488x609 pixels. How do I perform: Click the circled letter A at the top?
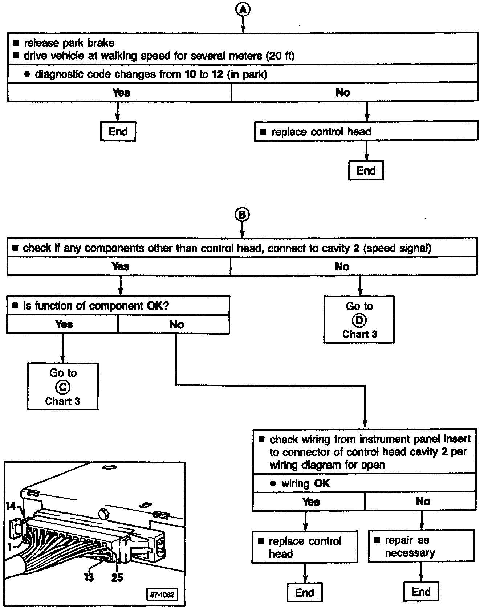[243, 10]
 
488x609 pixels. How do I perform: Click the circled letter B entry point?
[242, 215]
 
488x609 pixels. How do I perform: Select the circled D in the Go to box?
[359, 320]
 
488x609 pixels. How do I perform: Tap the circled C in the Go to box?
[62, 387]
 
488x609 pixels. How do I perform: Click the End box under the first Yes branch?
[118, 131]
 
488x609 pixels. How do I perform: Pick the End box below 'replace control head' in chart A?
[366, 171]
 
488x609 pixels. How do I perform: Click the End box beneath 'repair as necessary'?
[421, 592]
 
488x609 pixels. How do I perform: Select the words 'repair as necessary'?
[410, 547]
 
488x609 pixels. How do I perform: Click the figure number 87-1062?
[162, 595]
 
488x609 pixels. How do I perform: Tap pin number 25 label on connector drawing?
[117, 577]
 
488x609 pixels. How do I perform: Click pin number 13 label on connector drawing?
[89, 577]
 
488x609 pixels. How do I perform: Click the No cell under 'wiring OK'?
[423, 501]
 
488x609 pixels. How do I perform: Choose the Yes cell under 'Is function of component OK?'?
[64, 324]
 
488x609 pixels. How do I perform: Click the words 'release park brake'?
[69, 43]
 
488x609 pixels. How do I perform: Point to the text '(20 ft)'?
[280, 56]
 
